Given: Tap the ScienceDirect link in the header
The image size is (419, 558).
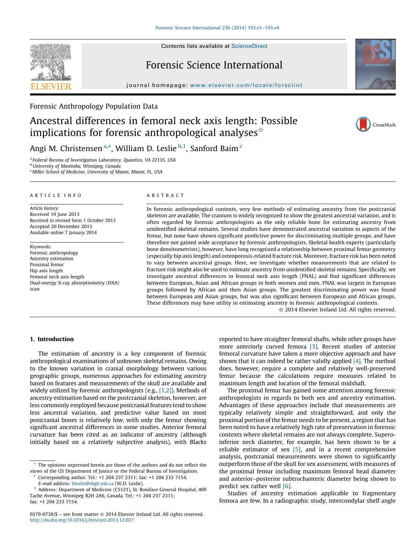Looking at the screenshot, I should tap(249, 46).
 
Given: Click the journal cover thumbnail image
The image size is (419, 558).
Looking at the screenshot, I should tap(375, 64).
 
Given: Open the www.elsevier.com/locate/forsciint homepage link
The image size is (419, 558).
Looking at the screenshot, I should tap(246, 85).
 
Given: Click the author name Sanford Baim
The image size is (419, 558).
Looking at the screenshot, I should tap(214, 149).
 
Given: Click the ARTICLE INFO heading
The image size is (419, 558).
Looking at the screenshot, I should tap(56, 196).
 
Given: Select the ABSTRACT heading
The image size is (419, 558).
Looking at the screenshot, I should tap(165, 196).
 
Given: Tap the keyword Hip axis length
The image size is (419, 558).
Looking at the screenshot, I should tap(46, 271).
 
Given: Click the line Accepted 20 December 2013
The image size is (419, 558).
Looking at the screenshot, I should tap(61, 226).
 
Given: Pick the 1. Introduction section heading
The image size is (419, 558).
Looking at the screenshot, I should tap(52, 339).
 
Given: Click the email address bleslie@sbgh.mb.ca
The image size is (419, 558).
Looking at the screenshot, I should tap(93, 483).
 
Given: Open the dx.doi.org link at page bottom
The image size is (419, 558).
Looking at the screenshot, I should tap(82, 520).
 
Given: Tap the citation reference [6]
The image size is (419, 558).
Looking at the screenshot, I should tap(287, 486).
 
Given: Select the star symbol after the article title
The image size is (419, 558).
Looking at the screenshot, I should tap(261, 130).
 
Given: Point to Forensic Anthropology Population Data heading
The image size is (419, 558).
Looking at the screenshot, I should tap(94, 106).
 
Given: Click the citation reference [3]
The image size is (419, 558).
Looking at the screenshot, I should tap(314, 346).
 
